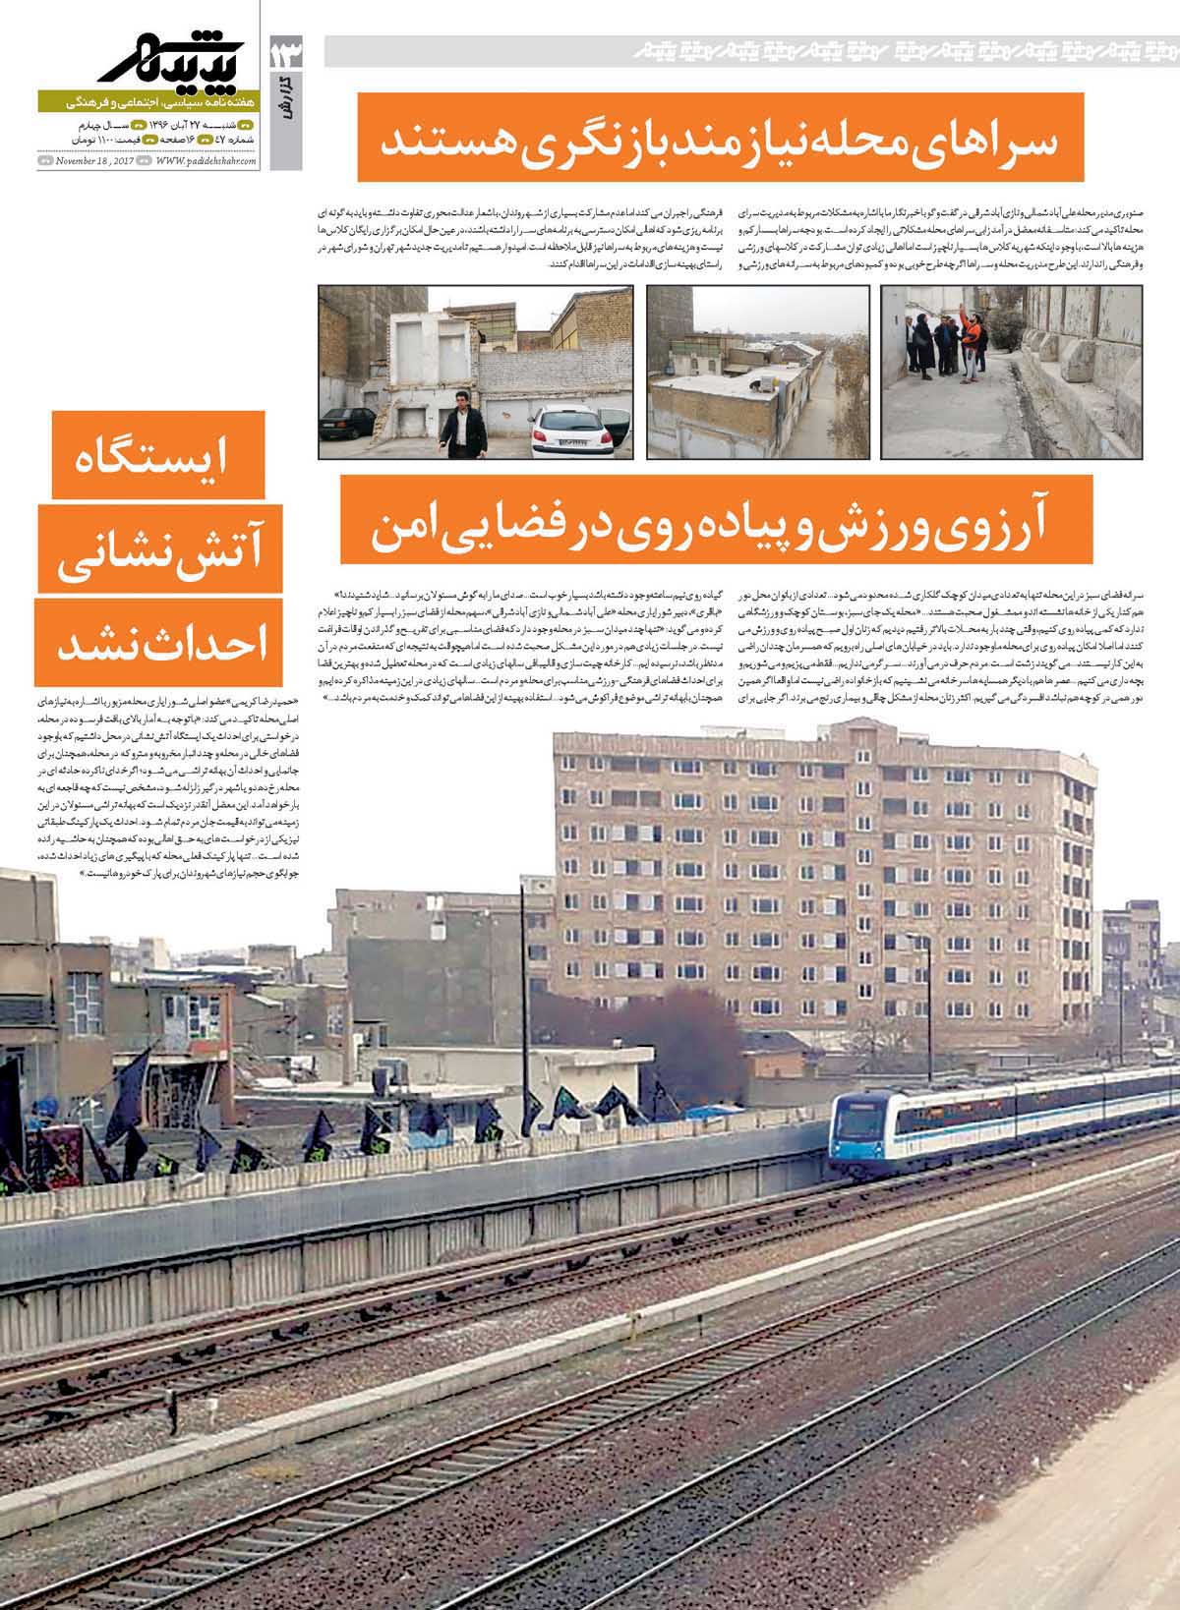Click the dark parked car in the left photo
click(345, 422)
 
